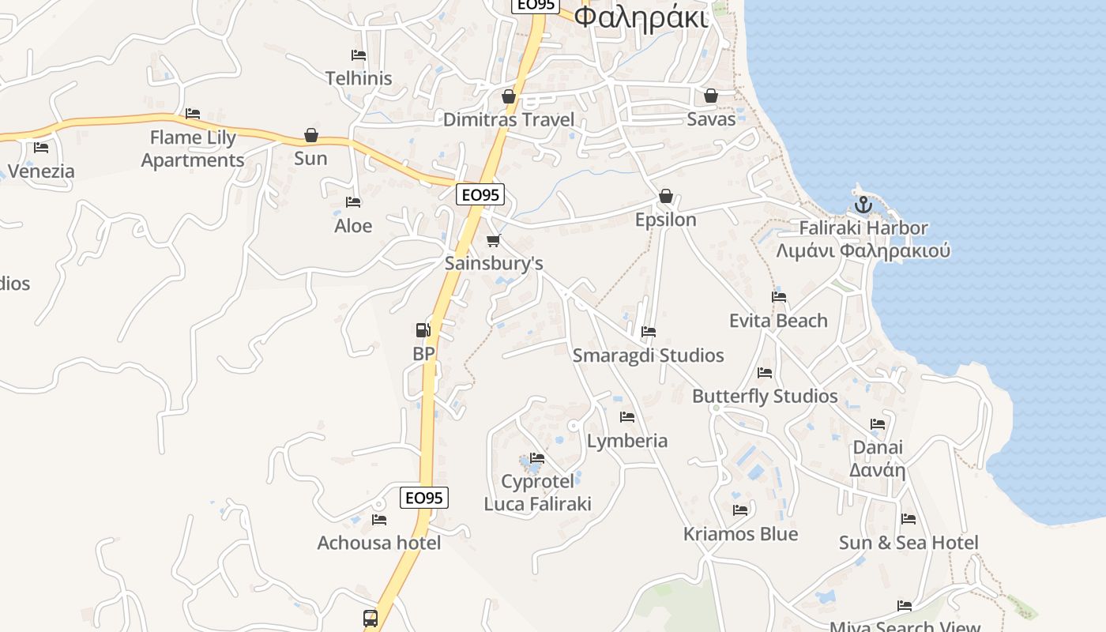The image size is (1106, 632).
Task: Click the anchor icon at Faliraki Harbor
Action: (863, 205)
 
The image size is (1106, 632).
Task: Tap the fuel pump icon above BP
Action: (423, 330)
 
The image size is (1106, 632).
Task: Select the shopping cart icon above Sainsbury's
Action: (494, 240)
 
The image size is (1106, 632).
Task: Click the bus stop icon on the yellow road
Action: (371, 618)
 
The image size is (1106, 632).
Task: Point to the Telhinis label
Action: (359, 78)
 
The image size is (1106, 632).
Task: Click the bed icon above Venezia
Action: (41, 147)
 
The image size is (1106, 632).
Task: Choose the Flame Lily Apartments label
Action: (193, 149)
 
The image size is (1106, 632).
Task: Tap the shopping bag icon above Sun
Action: (311, 135)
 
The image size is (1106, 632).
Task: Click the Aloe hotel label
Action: (353, 225)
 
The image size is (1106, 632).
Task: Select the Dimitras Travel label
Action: (509, 119)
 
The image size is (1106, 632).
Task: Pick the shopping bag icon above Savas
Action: (711, 96)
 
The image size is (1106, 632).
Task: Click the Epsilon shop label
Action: (666, 220)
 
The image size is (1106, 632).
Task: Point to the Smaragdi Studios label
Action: (648, 355)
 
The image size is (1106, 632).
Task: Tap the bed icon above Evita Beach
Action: (779, 297)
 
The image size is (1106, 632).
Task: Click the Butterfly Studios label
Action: (765, 396)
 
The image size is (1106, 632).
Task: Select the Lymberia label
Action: (627, 440)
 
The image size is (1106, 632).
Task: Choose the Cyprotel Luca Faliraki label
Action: (537, 492)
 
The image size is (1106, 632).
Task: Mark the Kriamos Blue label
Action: (740, 534)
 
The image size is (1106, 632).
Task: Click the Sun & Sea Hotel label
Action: (908, 543)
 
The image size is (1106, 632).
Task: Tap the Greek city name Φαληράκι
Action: (640, 17)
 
